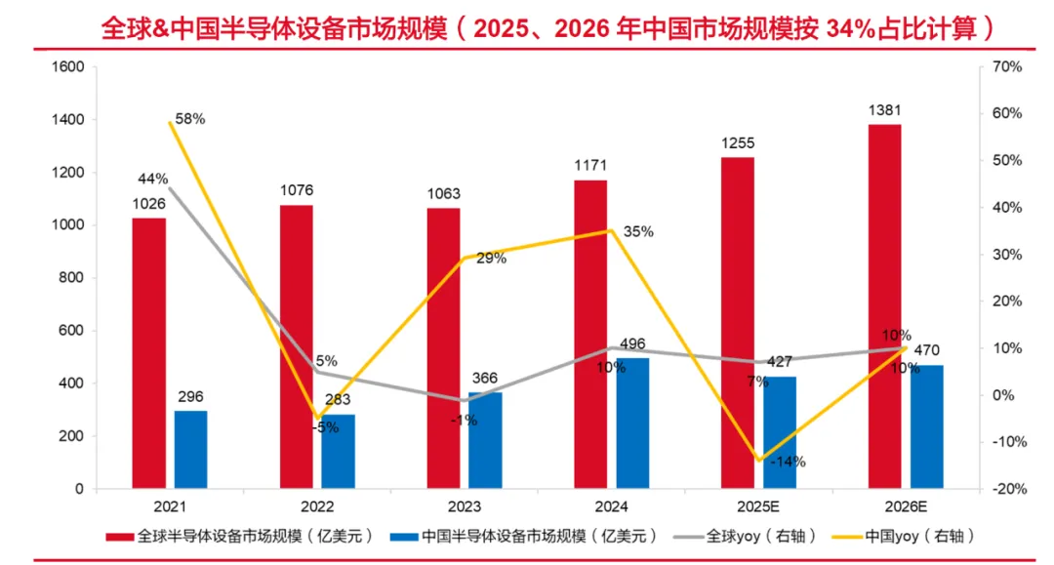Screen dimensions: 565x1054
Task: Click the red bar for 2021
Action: pos(149,353)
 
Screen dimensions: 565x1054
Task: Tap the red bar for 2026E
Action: pos(884,306)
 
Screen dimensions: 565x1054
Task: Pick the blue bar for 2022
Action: pos(338,452)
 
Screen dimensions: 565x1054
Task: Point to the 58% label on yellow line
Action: pos(189,119)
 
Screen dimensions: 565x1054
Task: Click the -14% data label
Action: pos(788,462)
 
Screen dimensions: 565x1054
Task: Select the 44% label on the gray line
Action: pos(153,179)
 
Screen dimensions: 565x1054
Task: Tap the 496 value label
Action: pos(631,344)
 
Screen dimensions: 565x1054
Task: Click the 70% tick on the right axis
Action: pos(1005,67)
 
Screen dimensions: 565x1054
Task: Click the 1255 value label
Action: pos(738,143)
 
